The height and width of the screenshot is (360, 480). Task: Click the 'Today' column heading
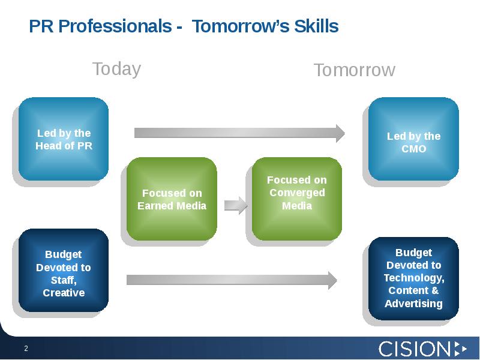tap(116, 69)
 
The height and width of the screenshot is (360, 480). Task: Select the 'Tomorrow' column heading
tap(355, 70)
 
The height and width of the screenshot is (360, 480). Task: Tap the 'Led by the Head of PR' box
tap(64, 139)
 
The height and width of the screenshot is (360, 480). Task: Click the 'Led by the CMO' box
tap(413, 139)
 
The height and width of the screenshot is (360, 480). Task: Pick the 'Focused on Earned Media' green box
tap(172, 199)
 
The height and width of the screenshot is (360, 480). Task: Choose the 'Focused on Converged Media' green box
tap(296, 199)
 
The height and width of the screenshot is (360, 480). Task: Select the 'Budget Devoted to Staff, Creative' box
tap(64, 271)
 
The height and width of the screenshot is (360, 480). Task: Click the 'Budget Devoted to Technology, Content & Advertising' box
tap(413, 278)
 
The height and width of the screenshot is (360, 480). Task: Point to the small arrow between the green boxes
tap(236, 205)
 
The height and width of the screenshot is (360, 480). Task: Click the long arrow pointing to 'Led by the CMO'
tap(239, 133)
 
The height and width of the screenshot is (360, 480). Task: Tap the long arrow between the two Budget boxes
tap(232, 280)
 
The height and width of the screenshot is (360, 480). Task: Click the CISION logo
tap(423, 349)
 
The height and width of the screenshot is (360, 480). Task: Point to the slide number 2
tap(26, 349)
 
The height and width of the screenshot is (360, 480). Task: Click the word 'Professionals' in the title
tap(115, 26)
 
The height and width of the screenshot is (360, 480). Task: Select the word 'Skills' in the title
tap(316, 26)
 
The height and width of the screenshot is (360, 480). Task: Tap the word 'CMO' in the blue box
tap(413, 149)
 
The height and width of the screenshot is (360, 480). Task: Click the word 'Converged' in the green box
tap(297, 193)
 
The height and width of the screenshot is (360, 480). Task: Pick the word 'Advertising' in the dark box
tap(413, 304)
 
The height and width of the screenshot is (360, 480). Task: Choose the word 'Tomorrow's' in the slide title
tap(241, 26)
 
